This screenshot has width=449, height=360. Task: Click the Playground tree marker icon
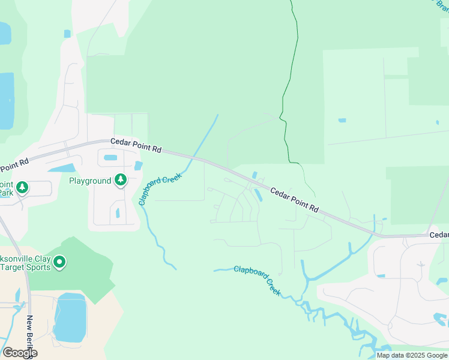tap(121, 179)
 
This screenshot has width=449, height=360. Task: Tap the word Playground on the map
tap(90, 181)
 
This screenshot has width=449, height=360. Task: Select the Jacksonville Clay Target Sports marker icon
tap(59, 262)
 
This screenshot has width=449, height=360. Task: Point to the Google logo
tap(19, 353)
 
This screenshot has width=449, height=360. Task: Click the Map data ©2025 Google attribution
tap(412, 355)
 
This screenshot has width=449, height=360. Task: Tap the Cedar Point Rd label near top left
tap(136, 145)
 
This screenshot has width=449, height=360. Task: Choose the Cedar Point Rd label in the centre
tap(294, 200)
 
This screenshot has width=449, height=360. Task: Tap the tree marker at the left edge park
tap(22, 187)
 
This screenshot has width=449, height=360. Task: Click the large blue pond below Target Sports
tap(70, 318)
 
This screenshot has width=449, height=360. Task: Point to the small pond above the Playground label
tap(110, 158)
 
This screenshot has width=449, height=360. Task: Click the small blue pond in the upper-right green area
tap(342, 121)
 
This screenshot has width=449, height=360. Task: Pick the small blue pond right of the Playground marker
tap(139, 166)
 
